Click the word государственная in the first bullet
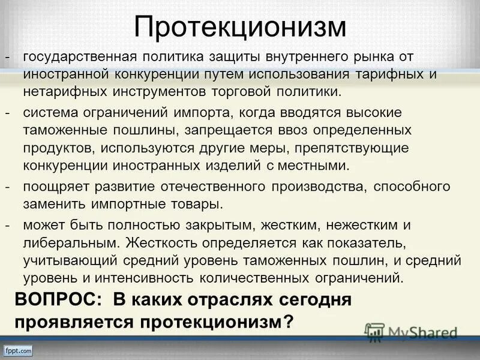pos(78,57)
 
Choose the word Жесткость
pos(166,243)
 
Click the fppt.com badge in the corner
pos(17,350)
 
